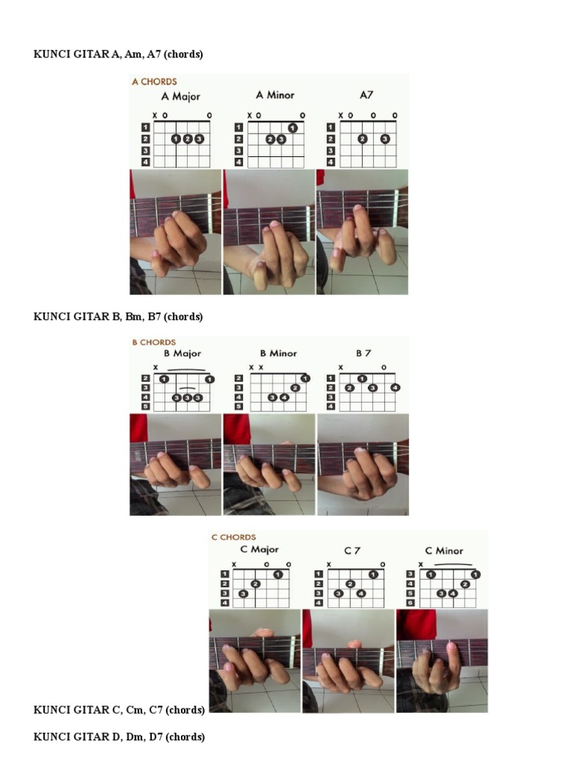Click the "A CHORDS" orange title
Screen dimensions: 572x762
[154, 82]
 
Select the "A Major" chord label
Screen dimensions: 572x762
[180, 96]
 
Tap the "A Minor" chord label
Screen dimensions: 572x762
[275, 95]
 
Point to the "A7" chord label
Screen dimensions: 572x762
[366, 95]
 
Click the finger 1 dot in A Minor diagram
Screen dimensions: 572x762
[292, 128]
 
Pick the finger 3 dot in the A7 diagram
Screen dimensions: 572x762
[385, 139]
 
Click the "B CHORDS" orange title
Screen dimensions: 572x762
[153, 342]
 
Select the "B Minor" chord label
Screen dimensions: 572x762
[279, 353]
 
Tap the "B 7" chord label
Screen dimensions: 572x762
[363, 353]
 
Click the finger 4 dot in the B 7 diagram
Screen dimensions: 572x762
[395, 387]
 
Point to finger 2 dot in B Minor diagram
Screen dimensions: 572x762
[295, 387]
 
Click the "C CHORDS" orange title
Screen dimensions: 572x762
[233, 537]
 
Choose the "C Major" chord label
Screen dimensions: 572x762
[259, 549]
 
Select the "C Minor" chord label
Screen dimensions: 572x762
[444, 551]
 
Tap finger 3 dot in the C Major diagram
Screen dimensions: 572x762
[244, 593]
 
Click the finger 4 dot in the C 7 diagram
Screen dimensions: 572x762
[360, 593]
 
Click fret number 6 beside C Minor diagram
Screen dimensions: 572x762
[410, 603]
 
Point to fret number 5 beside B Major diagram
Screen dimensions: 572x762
[145, 406]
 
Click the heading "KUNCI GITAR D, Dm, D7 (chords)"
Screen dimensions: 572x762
[118, 737]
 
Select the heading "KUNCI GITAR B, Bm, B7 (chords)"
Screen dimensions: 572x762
[118, 316]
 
